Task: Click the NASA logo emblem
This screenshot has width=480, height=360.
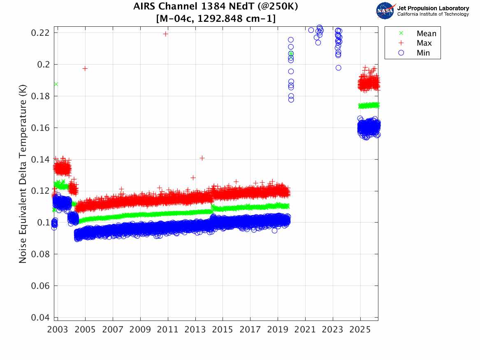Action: pyautogui.click(x=385, y=11)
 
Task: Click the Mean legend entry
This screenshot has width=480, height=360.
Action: pyautogui.click(x=426, y=34)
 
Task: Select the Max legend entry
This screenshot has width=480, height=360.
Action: pyautogui.click(x=424, y=43)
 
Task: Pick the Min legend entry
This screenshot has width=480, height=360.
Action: pyautogui.click(x=423, y=53)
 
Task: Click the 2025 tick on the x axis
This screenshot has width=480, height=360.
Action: pyautogui.click(x=360, y=330)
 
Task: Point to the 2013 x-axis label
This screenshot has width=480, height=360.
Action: pyautogui.click(x=195, y=330)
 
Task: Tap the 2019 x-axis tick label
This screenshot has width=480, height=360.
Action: pyautogui.click(x=278, y=330)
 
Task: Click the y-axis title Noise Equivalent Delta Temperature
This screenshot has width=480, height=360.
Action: pyautogui.click(x=23, y=175)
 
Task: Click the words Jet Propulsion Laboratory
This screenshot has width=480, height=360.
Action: pyautogui.click(x=433, y=8)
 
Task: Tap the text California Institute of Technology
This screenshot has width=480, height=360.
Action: pyautogui.click(x=433, y=14)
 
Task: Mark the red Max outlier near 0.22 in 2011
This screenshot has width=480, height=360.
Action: pyautogui.click(x=165, y=34)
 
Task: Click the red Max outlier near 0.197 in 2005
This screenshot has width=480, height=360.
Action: pyautogui.click(x=85, y=68)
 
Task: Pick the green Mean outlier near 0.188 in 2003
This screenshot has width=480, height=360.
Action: pyautogui.click(x=56, y=84)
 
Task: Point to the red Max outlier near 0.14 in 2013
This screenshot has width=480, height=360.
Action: pyautogui.click(x=202, y=158)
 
